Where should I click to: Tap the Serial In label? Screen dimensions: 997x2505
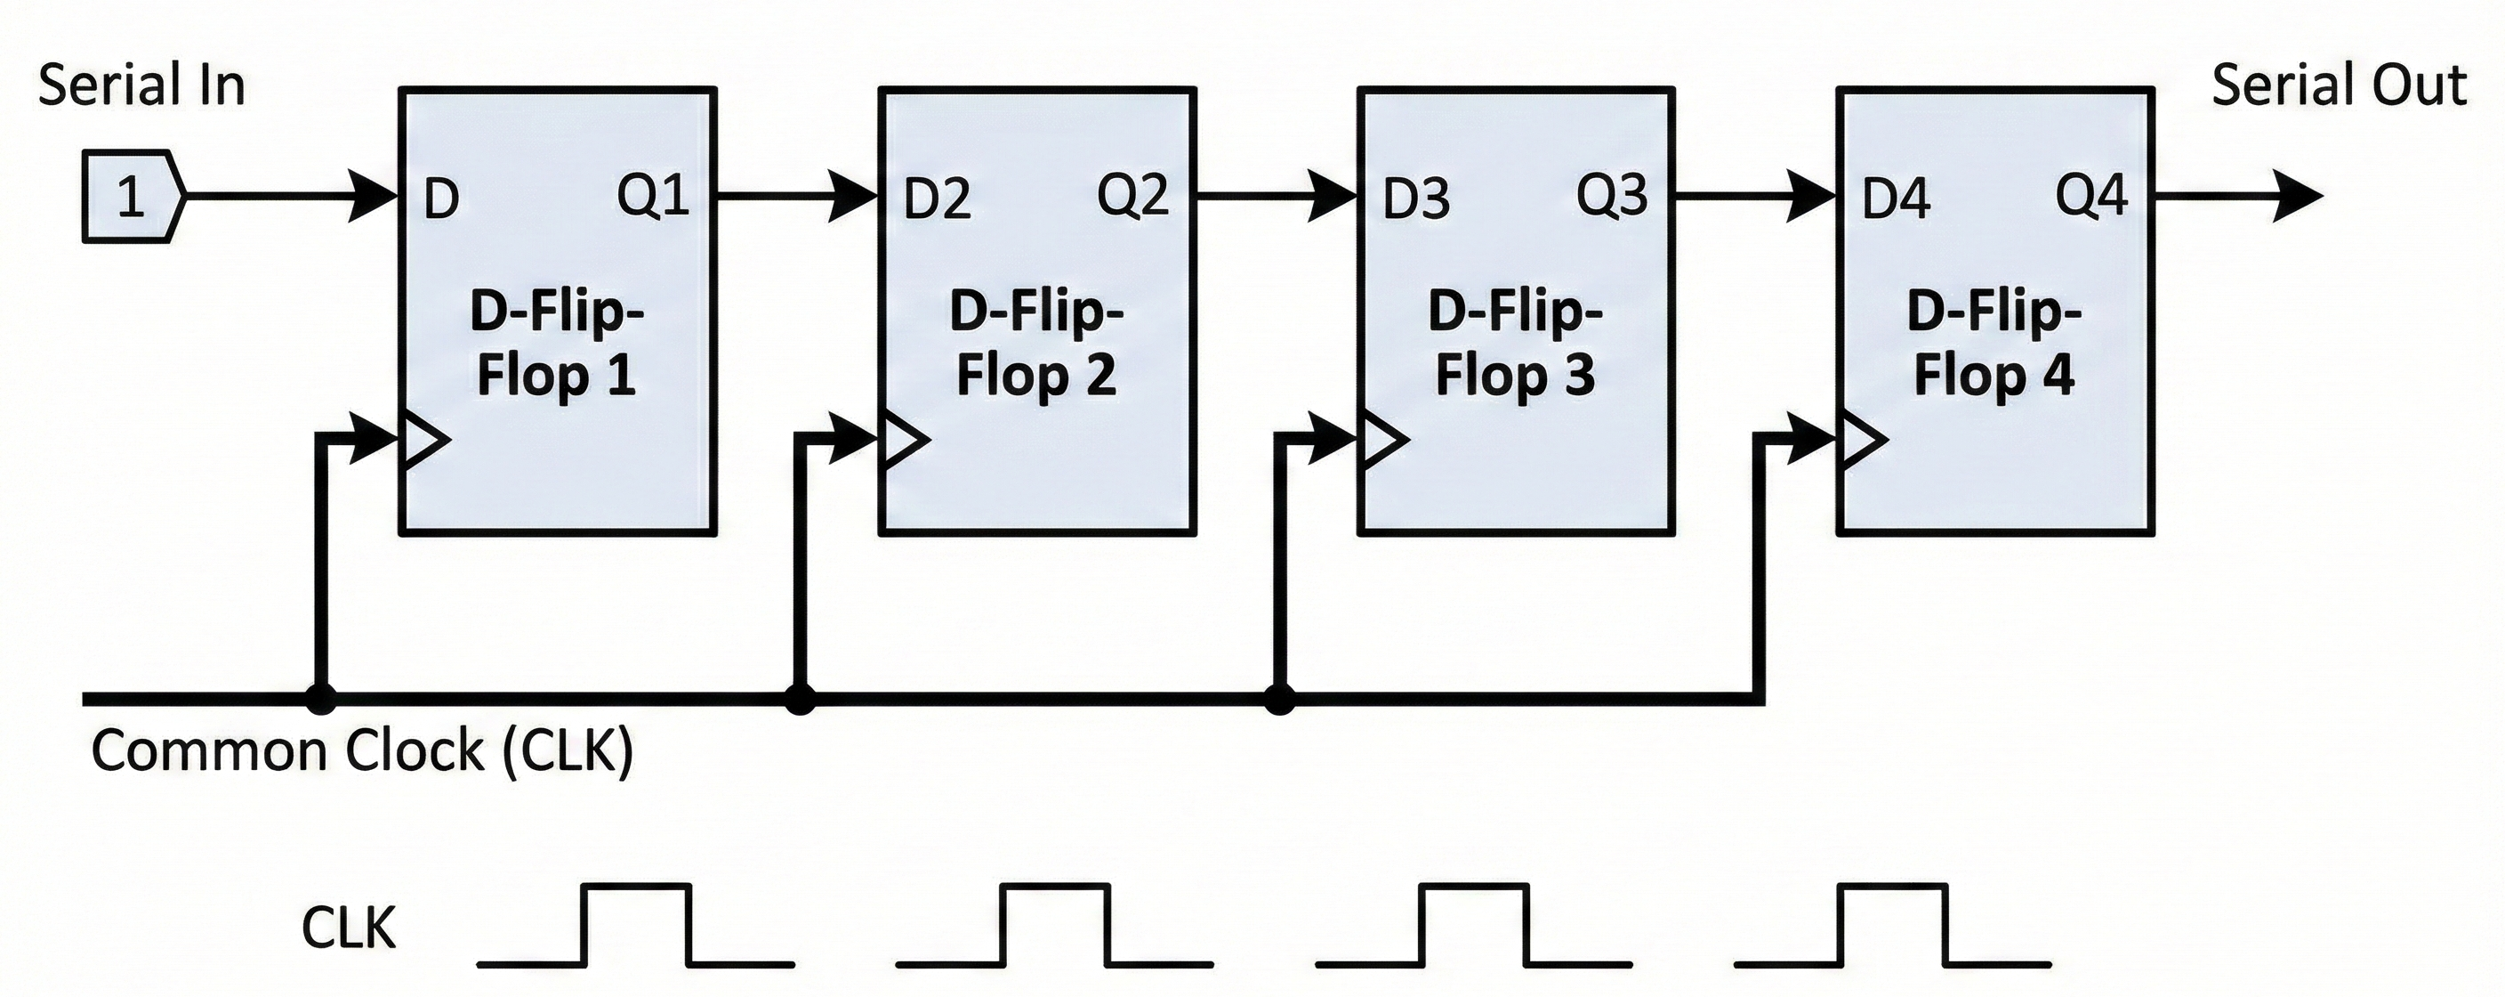click(x=141, y=85)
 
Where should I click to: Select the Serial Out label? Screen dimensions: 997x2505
click(x=2339, y=85)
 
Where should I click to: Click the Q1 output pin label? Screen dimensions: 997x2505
click(x=653, y=196)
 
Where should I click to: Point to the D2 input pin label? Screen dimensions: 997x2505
click(x=937, y=199)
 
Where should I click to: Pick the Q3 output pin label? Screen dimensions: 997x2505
click(x=1611, y=196)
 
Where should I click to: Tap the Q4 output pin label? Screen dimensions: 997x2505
click(x=2090, y=196)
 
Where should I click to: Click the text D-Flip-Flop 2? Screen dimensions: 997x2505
click(x=1036, y=344)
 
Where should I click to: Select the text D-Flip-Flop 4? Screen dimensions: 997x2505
click(x=1994, y=344)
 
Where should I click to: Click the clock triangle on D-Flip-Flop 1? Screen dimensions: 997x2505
click(x=425, y=440)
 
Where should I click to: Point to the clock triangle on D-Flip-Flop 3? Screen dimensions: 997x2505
click(x=1382, y=440)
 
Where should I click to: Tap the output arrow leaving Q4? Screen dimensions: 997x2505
click(x=2236, y=196)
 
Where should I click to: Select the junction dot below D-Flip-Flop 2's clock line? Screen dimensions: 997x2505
click(x=800, y=699)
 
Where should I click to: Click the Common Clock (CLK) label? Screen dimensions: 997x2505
click(x=362, y=751)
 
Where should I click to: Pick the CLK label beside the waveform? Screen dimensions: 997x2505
click(x=348, y=929)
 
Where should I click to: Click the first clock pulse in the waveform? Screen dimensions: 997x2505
click(x=637, y=924)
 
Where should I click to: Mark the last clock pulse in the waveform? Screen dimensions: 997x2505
click(x=1892, y=924)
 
